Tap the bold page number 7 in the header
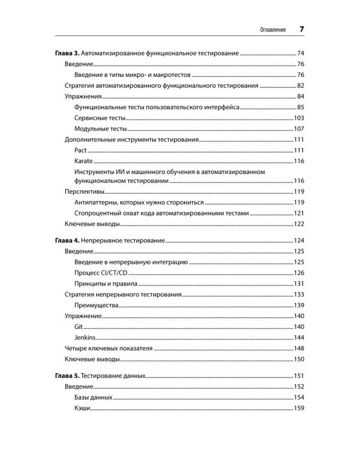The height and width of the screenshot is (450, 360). (x=301, y=29)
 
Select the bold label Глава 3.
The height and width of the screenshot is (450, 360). (x=66, y=53)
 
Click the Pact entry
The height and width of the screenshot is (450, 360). (x=81, y=150)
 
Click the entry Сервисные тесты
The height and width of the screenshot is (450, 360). (x=100, y=118)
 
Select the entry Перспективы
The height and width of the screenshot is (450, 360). (x=84, y=191)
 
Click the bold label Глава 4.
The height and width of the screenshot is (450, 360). (x=66, y=241)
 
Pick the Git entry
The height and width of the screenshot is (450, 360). (x=78, y=326)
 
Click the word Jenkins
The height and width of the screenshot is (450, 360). (x=85, y=337)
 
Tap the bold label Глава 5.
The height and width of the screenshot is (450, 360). (x=66, y=376)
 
